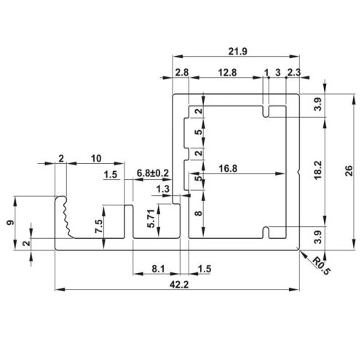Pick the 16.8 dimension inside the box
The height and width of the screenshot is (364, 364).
coord(229,168)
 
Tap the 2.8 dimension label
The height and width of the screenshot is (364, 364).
coord(181,73)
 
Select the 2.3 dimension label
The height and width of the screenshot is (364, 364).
coord(293,73)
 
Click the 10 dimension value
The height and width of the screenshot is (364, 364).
coord(95,158)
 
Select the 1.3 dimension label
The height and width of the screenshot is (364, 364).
coord(164,189)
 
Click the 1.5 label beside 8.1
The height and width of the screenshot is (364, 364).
coord(205,269)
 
